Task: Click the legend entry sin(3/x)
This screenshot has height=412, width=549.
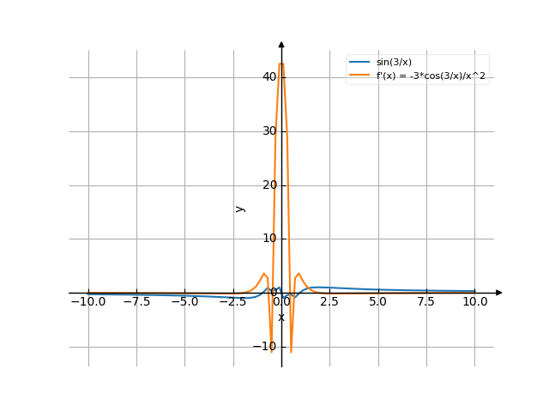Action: (x=394, y=63)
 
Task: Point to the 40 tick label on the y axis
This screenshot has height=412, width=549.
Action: (x=270, y=77)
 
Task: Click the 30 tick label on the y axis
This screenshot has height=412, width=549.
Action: (x=270, y=131)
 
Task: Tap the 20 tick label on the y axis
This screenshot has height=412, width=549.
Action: (x=270, y=185)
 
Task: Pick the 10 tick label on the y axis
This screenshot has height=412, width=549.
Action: (x=270, y=239)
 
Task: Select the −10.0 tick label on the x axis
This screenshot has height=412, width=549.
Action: (x=87, y=302)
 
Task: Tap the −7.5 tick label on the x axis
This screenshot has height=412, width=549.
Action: (x=136, y=302)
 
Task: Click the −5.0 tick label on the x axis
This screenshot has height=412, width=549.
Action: (x=184, y=302)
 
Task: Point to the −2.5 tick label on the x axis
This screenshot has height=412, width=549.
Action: (x=232, y=302)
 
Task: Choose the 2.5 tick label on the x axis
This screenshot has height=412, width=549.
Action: (x=330, y=302)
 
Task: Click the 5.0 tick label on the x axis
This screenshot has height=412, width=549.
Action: (x=378, y=302)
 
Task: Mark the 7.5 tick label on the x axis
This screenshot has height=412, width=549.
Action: (x=426, y=302)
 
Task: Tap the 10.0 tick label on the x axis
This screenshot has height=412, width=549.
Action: (x=474, y=302)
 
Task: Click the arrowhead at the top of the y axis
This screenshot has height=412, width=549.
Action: (x=281, y=42)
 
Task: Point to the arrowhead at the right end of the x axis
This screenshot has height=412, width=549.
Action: (x=499, y=293)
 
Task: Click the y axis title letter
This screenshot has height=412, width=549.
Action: (x=240, y=209)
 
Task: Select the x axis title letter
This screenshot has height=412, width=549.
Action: (x=281, y=318)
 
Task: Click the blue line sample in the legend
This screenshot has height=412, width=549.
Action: (x=359, y=63)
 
